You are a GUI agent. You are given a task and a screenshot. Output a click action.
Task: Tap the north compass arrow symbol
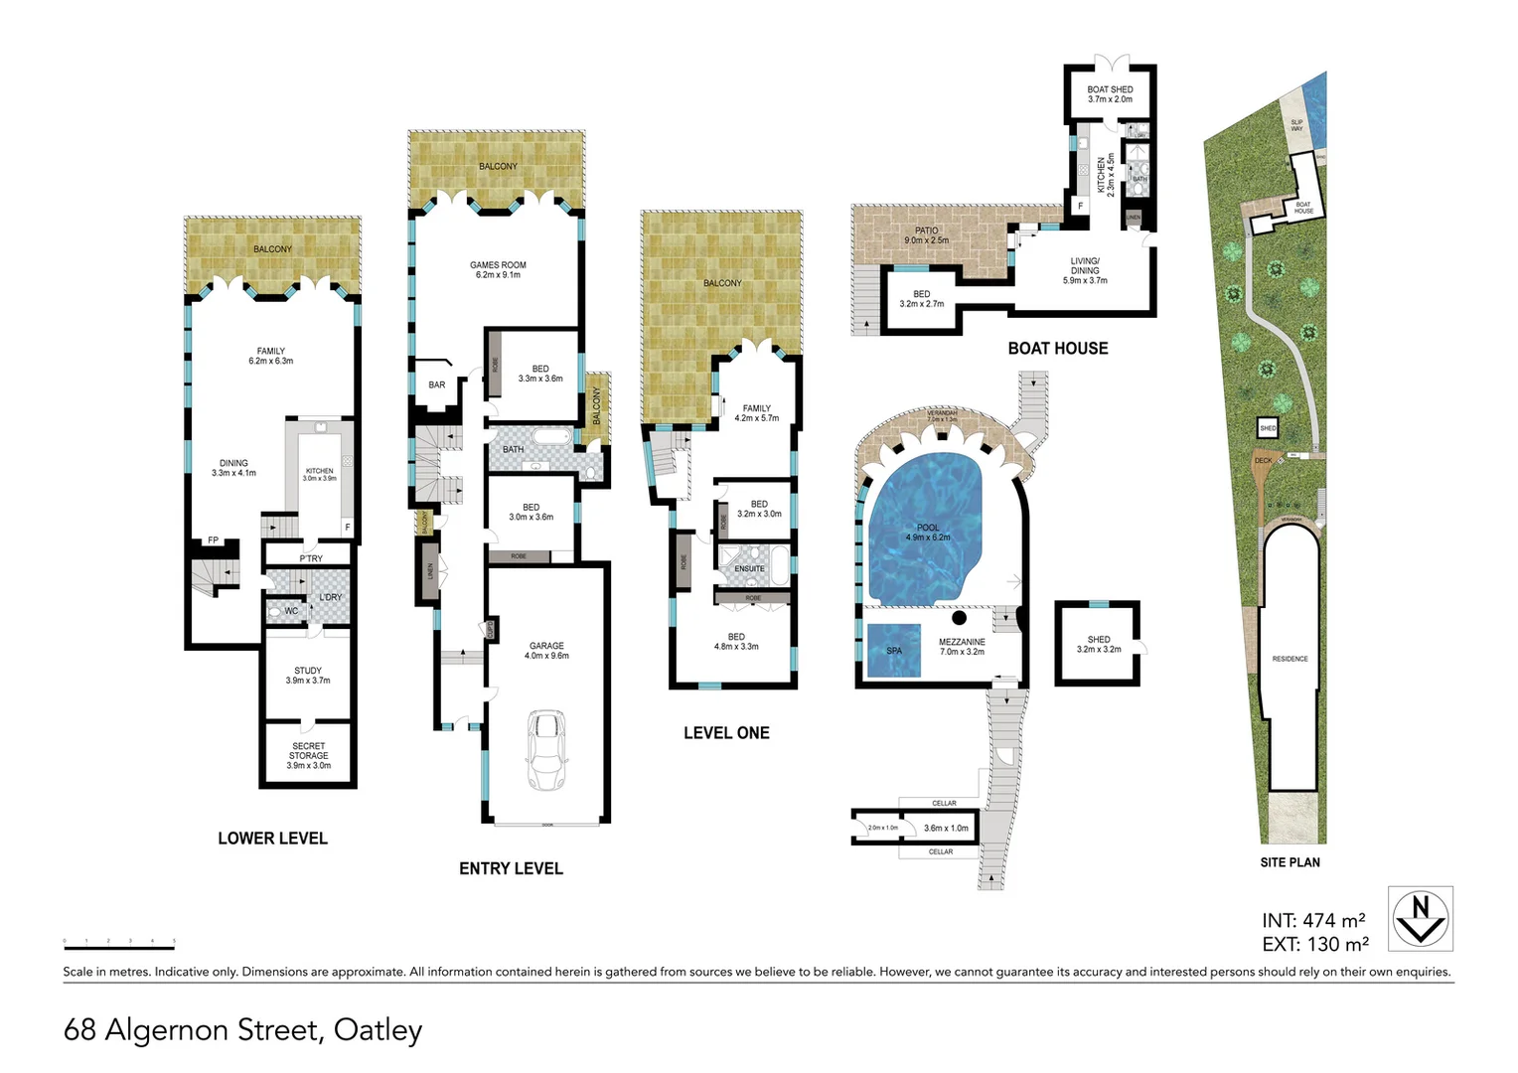[1420, 918]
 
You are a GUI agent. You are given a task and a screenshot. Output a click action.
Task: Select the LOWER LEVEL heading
[272, 839]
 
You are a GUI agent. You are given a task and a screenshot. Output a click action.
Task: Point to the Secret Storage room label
[308, 755]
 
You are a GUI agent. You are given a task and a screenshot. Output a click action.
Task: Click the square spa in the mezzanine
[894, 650]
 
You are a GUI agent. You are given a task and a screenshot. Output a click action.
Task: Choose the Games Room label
[498, 269]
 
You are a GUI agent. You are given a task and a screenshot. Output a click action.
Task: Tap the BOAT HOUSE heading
[1057, 348]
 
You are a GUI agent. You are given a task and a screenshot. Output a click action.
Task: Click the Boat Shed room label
[1110, 94]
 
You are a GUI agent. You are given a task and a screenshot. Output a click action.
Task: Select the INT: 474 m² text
[1313, 921]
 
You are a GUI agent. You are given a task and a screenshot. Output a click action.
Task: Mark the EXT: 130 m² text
[1315, 945]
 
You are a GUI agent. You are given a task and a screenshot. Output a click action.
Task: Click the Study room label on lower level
[308, 676]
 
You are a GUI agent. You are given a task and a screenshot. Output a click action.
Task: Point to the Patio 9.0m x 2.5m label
[926, 235]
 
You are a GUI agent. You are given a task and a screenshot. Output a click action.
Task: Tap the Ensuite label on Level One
[749, 569]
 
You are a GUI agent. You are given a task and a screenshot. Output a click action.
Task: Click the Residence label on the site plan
[1290, 659]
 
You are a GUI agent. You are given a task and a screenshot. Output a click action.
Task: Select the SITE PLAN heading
[1290, 862]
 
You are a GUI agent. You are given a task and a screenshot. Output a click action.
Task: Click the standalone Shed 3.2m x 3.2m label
[1099, 644]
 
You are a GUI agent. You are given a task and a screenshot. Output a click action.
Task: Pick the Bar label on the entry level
[437, 384]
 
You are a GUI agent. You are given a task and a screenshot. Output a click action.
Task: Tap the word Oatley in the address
[378, 1030]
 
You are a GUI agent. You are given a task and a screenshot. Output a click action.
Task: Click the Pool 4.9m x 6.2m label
[928, 533]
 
